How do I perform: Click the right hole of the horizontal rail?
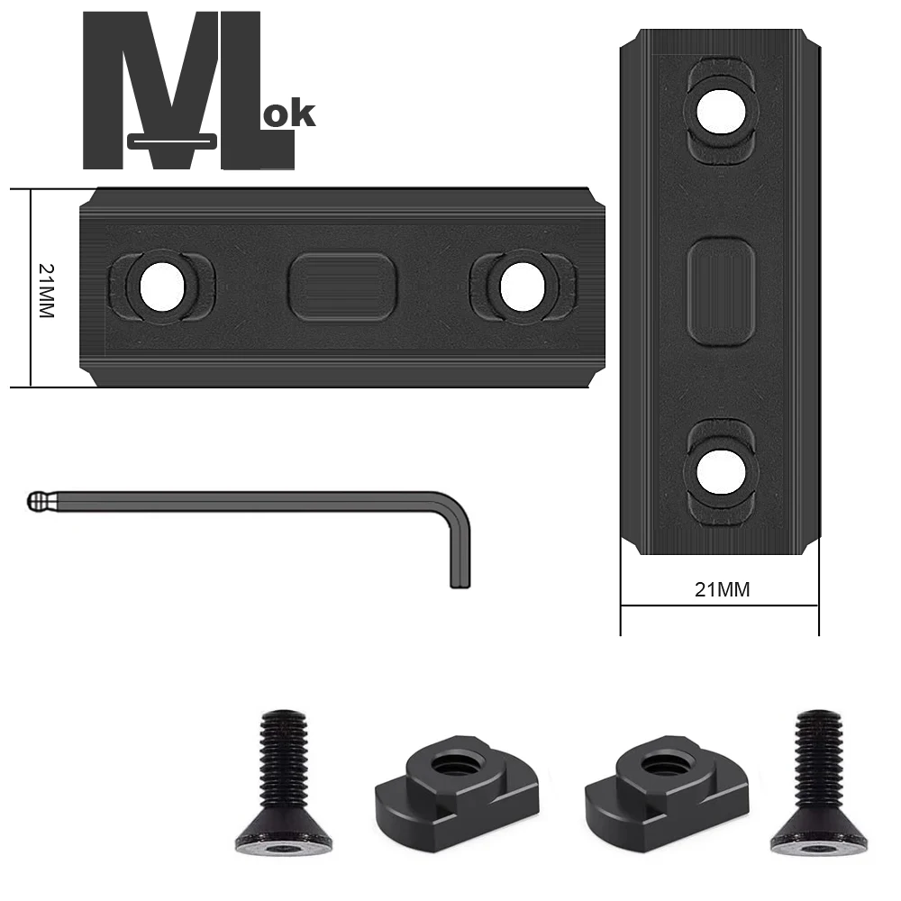(x=523, y=287)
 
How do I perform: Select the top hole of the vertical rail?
(x=720, y=110)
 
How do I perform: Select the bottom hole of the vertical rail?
(x=720, y=472)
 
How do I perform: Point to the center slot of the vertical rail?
(x=720, y=289)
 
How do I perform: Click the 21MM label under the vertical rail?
(x=722, y=590)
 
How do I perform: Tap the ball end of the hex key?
(x=36, y=500)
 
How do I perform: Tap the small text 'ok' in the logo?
(x=291, y=114)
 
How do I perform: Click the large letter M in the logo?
(x=149, y=90)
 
